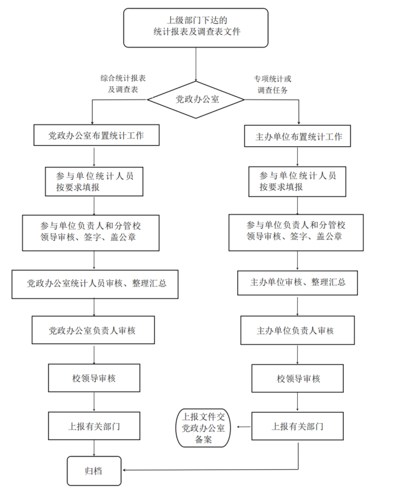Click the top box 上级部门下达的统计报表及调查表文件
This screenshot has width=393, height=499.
pyautogui.click(x=196, y=27)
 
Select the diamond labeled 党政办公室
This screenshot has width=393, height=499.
pyautogui.click(x=196, y=99)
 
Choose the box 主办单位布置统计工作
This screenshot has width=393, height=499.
pyautogui.click(x=298, y=137)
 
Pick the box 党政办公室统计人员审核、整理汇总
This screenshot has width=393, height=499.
pyautogui.click(x=95, y=283)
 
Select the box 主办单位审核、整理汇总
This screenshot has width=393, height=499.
pyautogui.click(x=297, y=282)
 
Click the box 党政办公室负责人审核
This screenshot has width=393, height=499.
pyautogui.click(x=95, y=330)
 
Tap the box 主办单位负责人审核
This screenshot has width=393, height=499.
pyautogui.click(x=297, y=331)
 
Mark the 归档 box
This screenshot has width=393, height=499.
pyautogui.click(x=94, y=470)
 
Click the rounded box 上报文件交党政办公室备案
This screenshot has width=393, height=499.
pyautogui.click(x=204, y=428)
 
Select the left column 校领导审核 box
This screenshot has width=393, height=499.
pyautogui.click(x=95, y=378)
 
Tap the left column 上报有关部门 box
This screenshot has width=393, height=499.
pyautogui.click(x=95, y=426)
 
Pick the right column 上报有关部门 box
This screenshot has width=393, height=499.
pyautogui.click(x=298, y=426)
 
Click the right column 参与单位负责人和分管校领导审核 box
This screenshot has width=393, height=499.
pyautogui.click(x=296, y=231)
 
